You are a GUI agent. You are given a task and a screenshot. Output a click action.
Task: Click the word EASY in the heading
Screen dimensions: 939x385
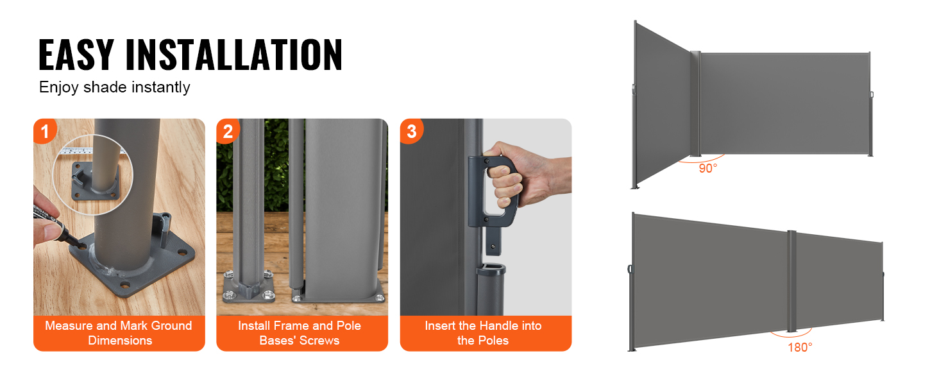pyautogui.click(x=76, y=54)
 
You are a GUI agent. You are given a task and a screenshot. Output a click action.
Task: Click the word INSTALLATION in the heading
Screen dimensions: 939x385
pyautogui.click(x=234, y=54)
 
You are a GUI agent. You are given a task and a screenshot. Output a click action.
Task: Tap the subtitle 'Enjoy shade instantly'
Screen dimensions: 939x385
pyautogui.click(x=114, y=87)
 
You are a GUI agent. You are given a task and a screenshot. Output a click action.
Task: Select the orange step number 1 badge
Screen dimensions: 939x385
pyautogui.click(x=44, y=131)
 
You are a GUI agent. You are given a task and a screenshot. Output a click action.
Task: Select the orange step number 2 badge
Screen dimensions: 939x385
pyautogui.click(x=228, y=132)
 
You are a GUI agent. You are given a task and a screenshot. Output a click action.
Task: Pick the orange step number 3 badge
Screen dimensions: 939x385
pyautogui.click(x=411, y=132)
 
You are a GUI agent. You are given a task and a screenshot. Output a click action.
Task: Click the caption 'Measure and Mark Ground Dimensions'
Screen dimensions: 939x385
pyautogui.click(x=119, y=333)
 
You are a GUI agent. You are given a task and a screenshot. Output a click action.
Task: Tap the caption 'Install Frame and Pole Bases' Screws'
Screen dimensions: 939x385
pyautogui.click(x=300, y=333)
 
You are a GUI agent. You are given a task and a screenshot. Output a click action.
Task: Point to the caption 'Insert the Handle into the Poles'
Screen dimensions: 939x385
pyautogui.click(x=484, y=333)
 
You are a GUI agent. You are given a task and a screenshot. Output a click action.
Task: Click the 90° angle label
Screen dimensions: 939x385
pyautogui.click(x=708, y=169)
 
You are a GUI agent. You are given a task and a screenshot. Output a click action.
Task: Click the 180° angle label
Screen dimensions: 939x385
pyautogui.click(x=800, y=348)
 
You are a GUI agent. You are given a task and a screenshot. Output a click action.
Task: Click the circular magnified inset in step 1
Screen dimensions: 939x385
pyautogui.click(x=92, y=175)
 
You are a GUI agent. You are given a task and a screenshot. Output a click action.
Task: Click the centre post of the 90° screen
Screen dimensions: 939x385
pyautogui.click(x=695, y=103)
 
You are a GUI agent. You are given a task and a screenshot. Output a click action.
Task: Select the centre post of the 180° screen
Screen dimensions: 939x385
pyautogui.click(x=791, y=282)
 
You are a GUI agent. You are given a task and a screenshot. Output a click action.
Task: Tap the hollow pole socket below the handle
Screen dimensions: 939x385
pyautogui.click(x=491, y=289)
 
